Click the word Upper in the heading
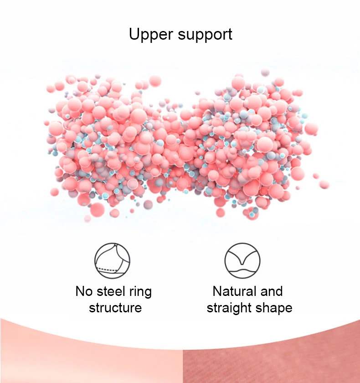[149, 34]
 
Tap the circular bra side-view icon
[112, 260]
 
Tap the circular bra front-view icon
[242, 260]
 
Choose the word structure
[115, 308]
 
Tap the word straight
[230, 308]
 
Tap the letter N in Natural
[217, 291]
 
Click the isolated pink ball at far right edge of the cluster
[324, 184]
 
